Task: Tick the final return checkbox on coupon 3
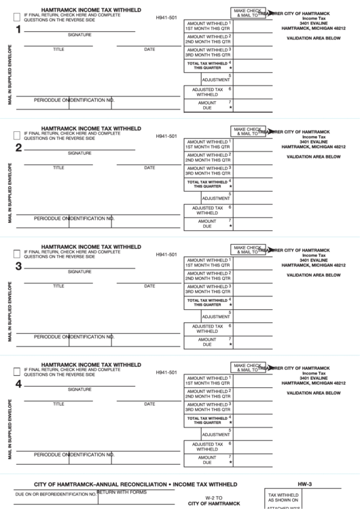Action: (x=16, y=253)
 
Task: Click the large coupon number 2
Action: (x=18, y=147)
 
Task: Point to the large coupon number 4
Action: (x=18, y=384)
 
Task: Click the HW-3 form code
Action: (x=305, y=483)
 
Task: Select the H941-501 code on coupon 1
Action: (x=166, y=18)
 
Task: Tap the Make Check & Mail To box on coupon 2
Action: (x=248, y=130)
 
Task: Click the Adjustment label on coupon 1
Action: (x=215, y=80)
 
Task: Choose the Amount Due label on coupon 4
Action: (x=207, y=459)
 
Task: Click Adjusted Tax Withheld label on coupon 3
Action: (x=207, y=328)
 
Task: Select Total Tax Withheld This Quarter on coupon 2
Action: (x=207, y=183)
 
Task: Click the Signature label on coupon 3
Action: (x=79, y=271)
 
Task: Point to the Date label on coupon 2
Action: (x=149, y=167)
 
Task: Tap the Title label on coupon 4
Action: (x=59, y=404)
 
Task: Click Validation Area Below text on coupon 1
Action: (x=313, y=38)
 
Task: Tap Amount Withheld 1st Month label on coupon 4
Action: (x=207, y=381)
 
